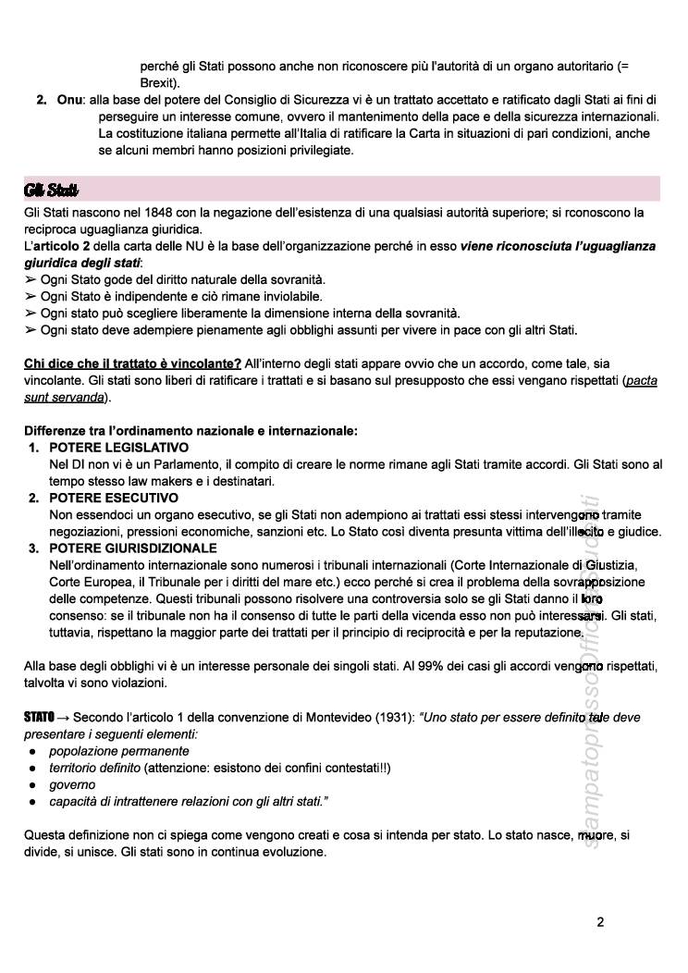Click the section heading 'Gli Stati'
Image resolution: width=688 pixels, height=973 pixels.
[51, 190]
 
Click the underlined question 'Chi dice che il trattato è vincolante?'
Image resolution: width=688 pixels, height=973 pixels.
[133, 363]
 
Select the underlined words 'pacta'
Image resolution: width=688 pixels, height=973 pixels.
[641, 380]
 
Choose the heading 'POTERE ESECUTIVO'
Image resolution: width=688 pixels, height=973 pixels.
[114, 498]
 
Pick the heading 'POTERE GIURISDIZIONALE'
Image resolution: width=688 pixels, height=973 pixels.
[133, 548]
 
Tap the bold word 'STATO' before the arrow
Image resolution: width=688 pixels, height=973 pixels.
[40, 718]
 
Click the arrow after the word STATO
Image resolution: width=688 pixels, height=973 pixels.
[64, 718]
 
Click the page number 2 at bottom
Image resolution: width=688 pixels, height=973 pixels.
[600, 922]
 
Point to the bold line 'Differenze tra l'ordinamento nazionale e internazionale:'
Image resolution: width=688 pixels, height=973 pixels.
[190, 430]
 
